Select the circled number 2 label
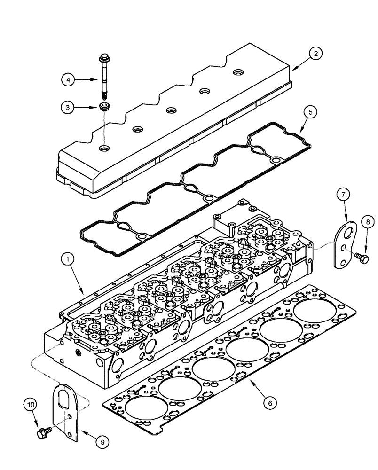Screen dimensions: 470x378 [x=315, y=54]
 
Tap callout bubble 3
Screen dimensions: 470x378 [x=69, y=108]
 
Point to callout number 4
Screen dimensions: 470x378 [x=69, y=80]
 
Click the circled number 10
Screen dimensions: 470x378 [x=31, y=404]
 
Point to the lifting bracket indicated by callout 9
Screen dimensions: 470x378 [x=65, y=414]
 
